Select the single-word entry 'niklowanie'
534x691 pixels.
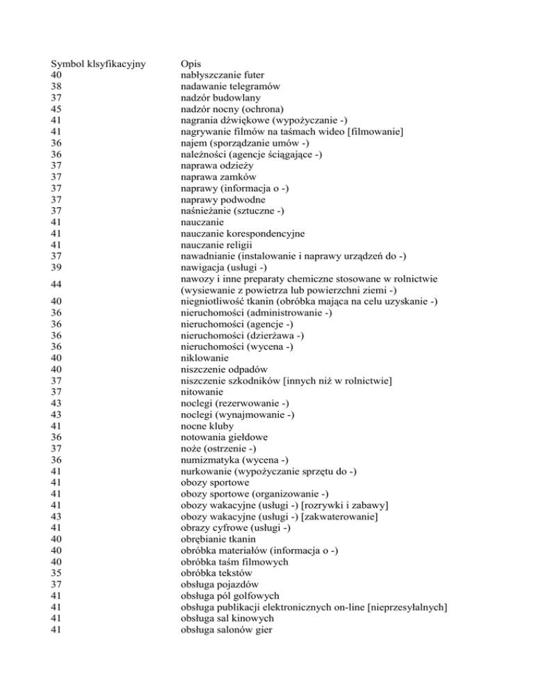point(203,357)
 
